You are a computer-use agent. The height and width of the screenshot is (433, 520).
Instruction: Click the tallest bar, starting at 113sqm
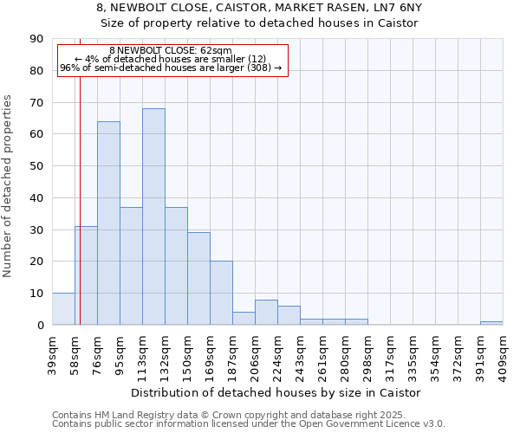pyautogui.click(x=153, y=216)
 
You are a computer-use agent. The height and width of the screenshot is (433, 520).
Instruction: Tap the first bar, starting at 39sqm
pyautogui.click(x=63, y=309)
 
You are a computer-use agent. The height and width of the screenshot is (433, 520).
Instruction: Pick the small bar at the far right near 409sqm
pyautogui.click(x=491, y=323)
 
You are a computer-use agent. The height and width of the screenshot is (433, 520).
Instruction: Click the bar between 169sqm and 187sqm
pyautogui.click(x=221, y=293)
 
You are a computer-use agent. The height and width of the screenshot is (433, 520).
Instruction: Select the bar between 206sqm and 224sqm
pyautogui.click(x=266, y=313)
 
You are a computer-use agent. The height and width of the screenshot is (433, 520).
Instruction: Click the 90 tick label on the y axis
pyautogui.click(x=36, y=39)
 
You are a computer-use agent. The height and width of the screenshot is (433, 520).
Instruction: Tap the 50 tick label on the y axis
pyautogui.click(x=36, y=166)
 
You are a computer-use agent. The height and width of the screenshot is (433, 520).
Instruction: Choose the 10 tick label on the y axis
pyautogui.click(x=36, y=294)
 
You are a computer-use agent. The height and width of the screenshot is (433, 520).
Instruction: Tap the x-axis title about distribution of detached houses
pyautogui.click(x=277, y=392)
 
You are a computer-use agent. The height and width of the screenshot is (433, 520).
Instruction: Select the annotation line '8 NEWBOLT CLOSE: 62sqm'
pyautogui.click(x=171, y=51)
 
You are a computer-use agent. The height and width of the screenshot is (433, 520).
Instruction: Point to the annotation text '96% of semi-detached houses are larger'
pyautogui.click(x=171, y=68)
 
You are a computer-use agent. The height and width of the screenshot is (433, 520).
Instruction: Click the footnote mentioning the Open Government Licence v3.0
pyautogui.click(x=249, y=424)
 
